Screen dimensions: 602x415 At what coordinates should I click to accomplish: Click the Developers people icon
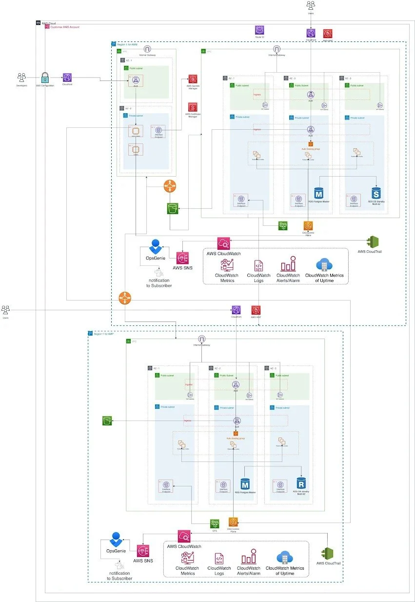click(x=21, y=77)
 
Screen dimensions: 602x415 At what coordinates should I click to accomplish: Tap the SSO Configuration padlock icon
click(x=44, y=77)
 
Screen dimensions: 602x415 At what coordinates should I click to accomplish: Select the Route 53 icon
click(x=259, y=30)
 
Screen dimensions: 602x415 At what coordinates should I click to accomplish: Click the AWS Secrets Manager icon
click(x=193, y=79)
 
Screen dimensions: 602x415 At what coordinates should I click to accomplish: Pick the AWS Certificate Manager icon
click(x=193, y=106)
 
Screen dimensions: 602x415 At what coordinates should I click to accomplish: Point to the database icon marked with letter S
click(x=376, y=193)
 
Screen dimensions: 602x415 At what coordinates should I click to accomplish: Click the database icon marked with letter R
click(x=301, y=484)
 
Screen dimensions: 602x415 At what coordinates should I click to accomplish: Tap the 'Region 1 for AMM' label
click(x=128, y=44)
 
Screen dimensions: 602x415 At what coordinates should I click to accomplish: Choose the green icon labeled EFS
click(x=214, y=522)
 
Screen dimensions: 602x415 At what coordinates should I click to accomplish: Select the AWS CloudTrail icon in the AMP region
click(x=328, y=553)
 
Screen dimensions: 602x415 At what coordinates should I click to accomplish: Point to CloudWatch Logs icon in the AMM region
click(x=258, y=265)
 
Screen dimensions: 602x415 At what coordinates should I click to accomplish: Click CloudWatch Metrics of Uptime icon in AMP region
click(x=284, y=557)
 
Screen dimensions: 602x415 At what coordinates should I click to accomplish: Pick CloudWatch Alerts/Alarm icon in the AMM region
click(x=288, y=263)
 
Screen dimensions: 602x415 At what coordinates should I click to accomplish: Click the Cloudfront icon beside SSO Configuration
click(x=67, y=77)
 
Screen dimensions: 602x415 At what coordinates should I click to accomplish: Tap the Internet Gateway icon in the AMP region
click(x=201, y=339)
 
